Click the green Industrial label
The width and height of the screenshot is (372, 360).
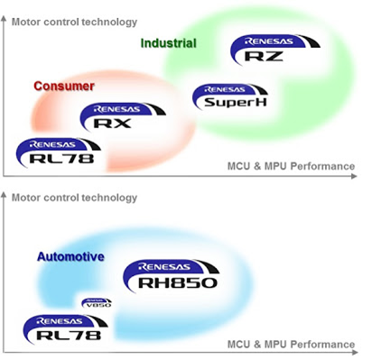(x=168, y=43)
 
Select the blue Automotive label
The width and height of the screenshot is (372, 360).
(x=70, y=257)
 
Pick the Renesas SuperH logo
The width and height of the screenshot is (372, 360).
(x=229, y=97)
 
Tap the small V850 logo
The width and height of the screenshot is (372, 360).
(x=96, y=304)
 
